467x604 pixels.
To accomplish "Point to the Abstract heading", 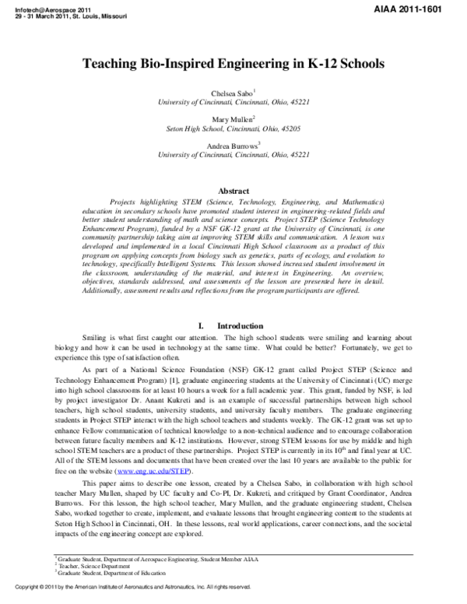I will (233, 191).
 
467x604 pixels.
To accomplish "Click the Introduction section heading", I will (241, 325).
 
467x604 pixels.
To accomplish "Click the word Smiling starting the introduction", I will (95, 338).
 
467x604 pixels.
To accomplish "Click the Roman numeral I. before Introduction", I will (202, 325).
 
